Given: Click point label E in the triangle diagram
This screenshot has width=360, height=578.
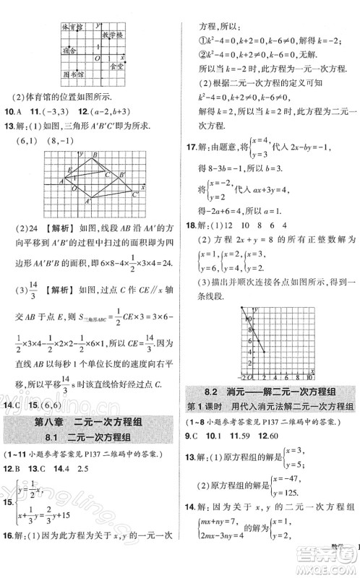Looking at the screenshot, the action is [69, 171].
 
